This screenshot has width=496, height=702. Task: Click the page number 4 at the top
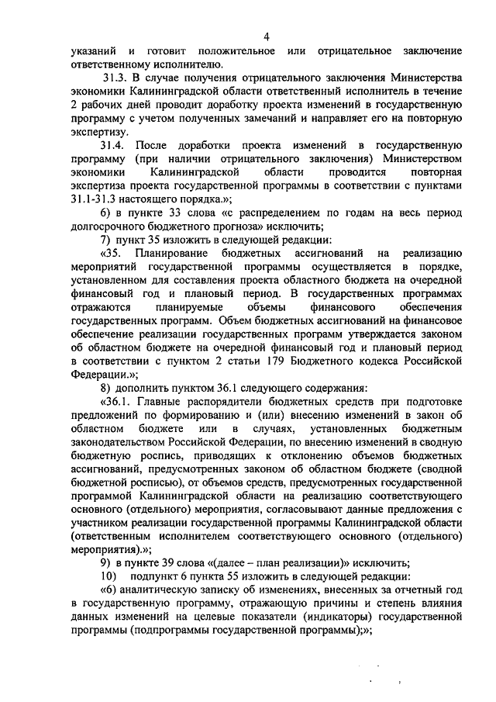266,36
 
